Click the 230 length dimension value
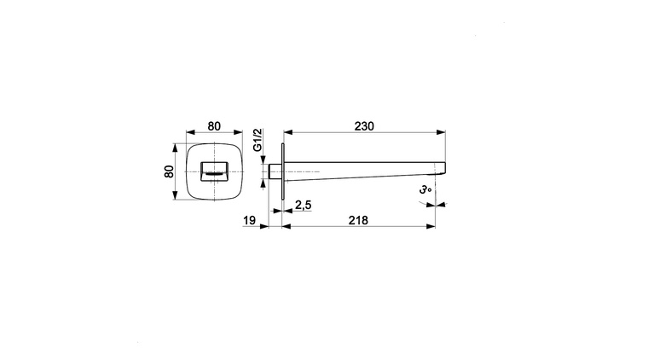tap(364, 125)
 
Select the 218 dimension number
tap(358, 220)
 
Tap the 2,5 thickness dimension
tap(304, 205)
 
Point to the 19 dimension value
tap(249, 220)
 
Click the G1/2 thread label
tap(257, 140)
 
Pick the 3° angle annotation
tap(425, 189)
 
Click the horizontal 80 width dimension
tap(214, 125)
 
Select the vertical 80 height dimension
tap(169, 171)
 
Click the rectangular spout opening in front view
tap(214, 171)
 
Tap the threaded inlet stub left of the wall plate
tap(275, 171)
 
